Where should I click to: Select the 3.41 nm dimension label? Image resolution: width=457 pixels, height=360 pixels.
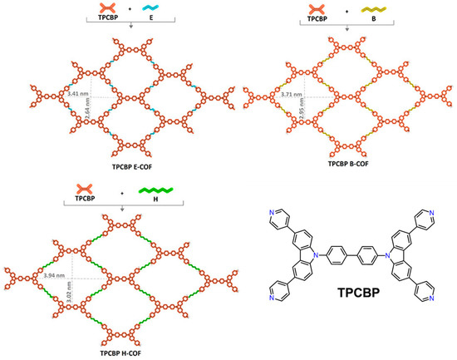point(76,94)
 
